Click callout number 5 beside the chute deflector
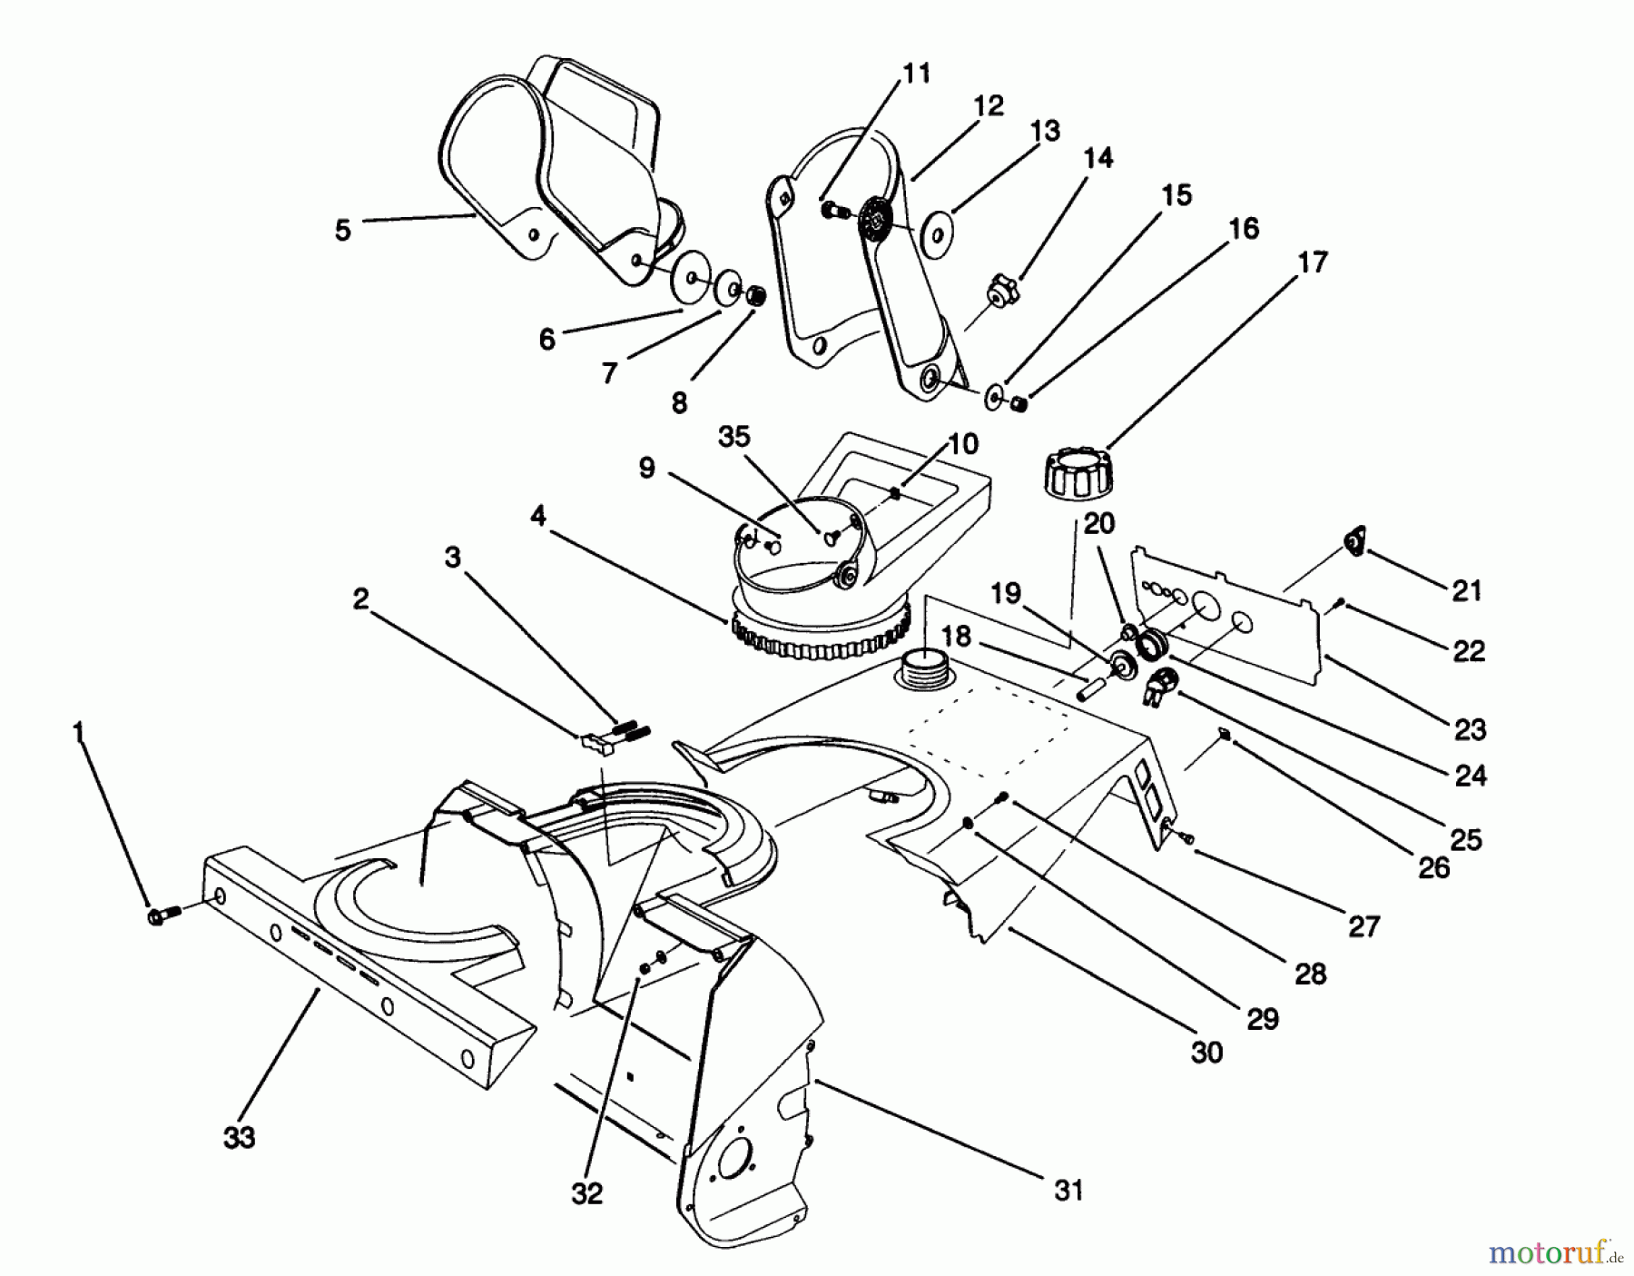point(342,230)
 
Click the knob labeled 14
point(1002,293)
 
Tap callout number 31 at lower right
point(1069,1190)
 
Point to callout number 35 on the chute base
point(734,437)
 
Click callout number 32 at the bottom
point(587,1194)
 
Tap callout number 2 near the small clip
point(360,600)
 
